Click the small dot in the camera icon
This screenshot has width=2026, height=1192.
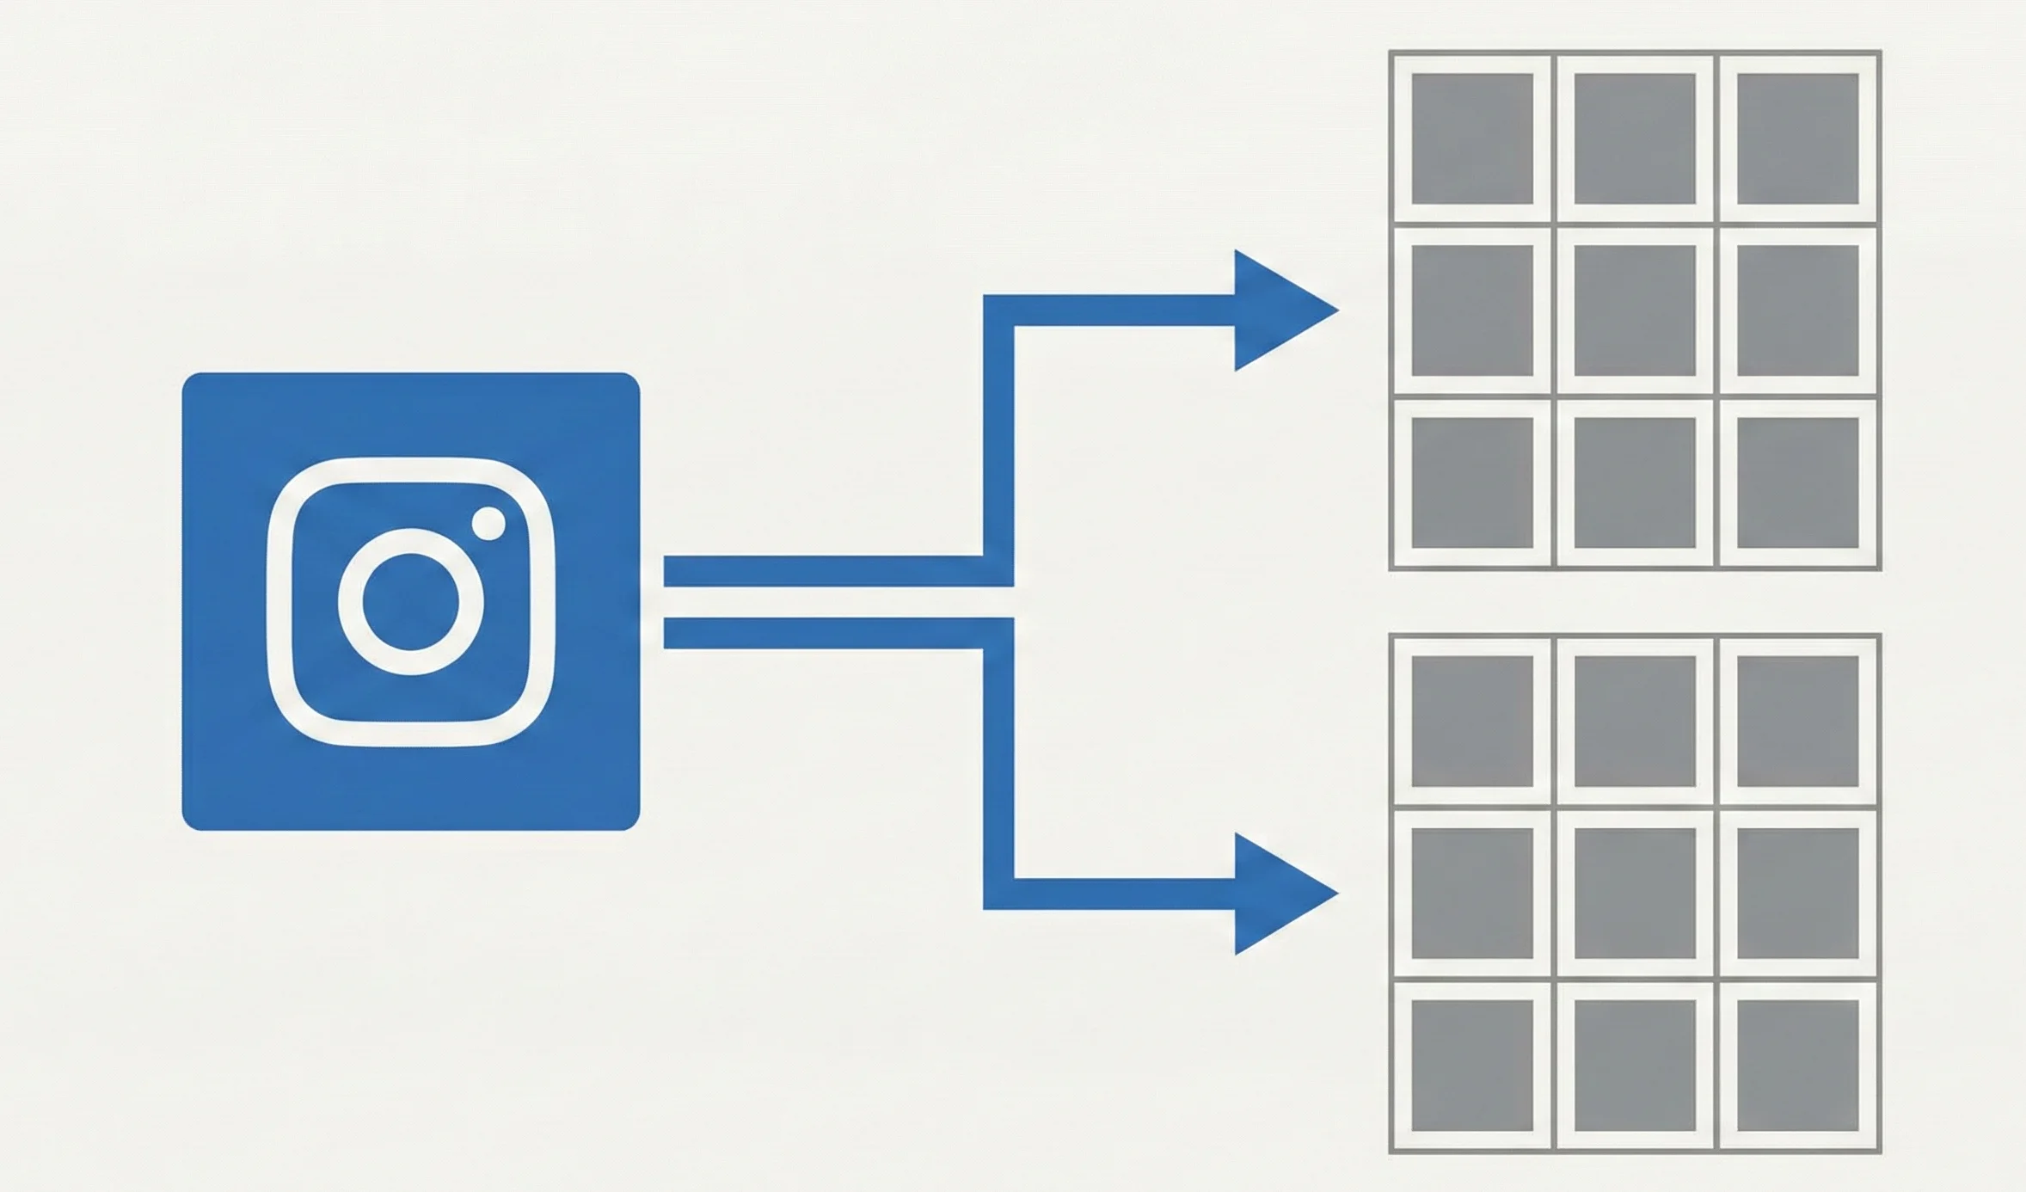[488, 524]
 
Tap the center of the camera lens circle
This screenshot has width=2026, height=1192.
[410, 601]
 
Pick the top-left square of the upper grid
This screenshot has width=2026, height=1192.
[1472, 138]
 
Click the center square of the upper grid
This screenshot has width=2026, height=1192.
[1635, 310]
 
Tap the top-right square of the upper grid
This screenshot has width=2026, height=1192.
[1797, 138]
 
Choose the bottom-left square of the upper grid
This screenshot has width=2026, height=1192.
[1472, 482]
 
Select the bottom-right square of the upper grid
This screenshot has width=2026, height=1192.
[1797, 482]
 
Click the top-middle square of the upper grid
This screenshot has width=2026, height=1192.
[1635, 138]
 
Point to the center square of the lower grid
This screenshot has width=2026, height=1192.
[1635, 894]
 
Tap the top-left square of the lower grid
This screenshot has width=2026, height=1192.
[1472, 722]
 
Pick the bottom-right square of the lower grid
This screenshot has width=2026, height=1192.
[1797, 1066]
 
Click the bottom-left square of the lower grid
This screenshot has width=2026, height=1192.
[1472, 1066]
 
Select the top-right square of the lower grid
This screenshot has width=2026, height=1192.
[1797, 722]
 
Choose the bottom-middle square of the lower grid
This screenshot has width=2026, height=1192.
[1635, 1066]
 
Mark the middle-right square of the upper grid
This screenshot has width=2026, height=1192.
[1797, 310]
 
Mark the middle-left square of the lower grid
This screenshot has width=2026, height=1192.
[1472, 894]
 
